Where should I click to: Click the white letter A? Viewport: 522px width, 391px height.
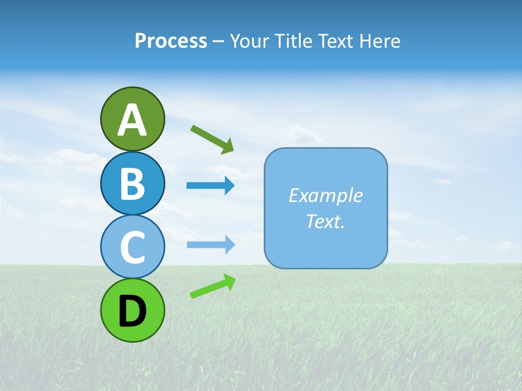(x=132, y=121)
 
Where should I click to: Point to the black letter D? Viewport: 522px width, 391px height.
(x=132, y=311)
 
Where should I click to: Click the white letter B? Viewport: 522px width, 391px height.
(x=132, y=184)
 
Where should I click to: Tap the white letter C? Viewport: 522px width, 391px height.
(x=132, y=248)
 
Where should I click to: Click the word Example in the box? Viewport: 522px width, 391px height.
(x=325, y=195)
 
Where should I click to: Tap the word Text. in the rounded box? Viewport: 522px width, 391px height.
(x=325, y=221)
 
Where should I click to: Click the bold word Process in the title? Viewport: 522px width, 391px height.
(x=171, y=41)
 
